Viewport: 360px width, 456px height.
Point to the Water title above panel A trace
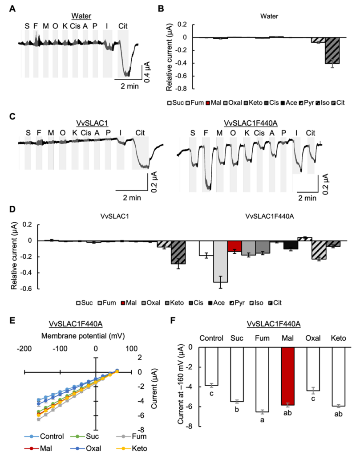81,16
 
